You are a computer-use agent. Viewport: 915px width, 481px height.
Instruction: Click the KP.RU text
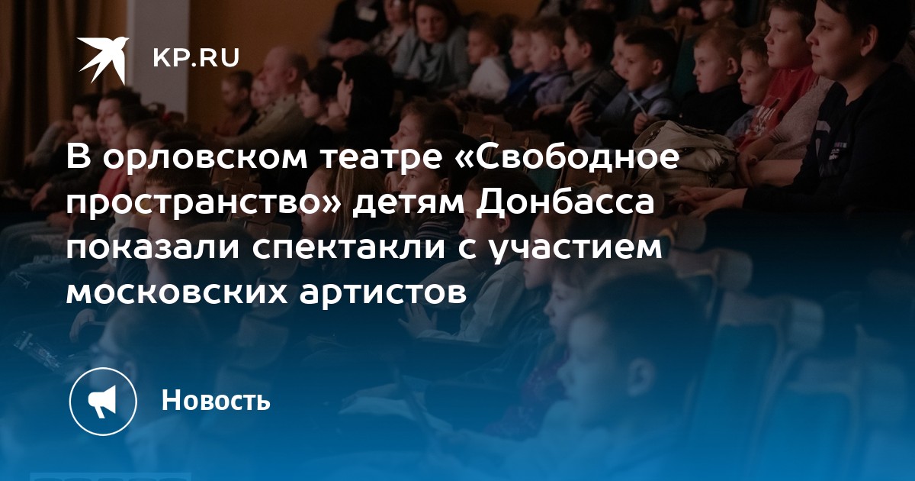pyautogui.click(x=196, y=58)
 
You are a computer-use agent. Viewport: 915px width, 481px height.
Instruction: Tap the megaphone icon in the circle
pyautogui.click(x=102, y=402)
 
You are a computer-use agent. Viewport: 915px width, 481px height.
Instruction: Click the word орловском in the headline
pyautogui.click(x=204, y=158)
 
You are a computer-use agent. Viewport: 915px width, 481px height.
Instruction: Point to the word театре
pyautogui.click(x=383, y=158)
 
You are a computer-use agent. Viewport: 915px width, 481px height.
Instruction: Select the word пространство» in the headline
pyautogui.click(x=203, y=203)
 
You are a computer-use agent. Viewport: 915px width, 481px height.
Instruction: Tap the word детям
pyautogui.click(x=409, y=204)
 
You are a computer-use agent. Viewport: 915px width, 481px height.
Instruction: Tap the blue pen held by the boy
pyautogui.click(x=637, y=105)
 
